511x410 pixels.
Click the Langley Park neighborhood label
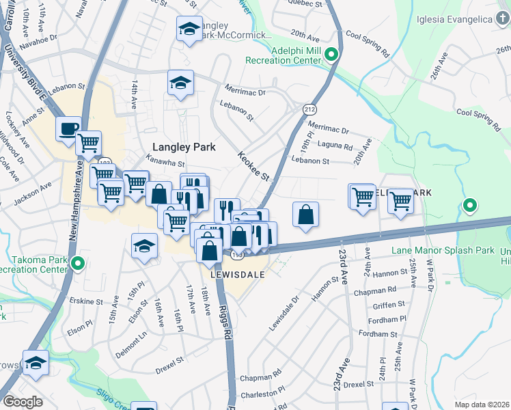(x=184, y=147)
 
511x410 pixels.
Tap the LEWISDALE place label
(x=237, y=273)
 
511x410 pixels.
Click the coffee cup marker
(x=68, y=128)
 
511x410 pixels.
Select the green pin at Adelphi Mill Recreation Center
(x=332, y=54)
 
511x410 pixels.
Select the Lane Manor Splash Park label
(x=443, y=251)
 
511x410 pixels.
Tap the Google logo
(x=23, y=402)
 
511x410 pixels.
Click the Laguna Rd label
(x=335, y=146)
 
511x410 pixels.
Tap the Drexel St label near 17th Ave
(x=169, y=360)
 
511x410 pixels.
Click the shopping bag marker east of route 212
(x=305, y=214)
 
